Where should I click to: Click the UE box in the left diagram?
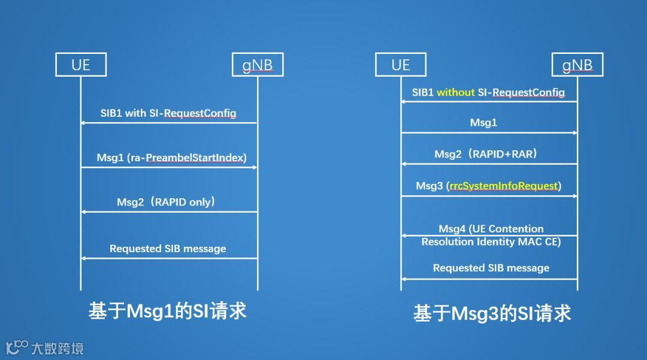(x=81, y=65)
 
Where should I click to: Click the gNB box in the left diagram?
(x=258, y=65)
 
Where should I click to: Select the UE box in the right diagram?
(x=400, y=65)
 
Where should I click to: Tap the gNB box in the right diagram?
(x=578, y=65)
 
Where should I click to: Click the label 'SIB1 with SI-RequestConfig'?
(x=168, y=113)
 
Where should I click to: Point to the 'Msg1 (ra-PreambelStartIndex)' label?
(x=171, y=158)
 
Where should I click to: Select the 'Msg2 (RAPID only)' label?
(x=166, y=202)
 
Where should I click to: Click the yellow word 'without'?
(x=455, y=92)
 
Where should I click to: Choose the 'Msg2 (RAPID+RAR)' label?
(x=485, y=154)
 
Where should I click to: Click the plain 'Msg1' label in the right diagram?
(x=483, y=123)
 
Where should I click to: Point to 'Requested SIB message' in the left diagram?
(x=168, y=249)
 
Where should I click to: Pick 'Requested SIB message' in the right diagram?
(x=491, y=268)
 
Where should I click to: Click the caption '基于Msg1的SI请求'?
(x=168, y=311)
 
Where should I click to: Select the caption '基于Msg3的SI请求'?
(x=492, y=313)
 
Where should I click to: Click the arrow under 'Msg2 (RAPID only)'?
(x=169, y=211)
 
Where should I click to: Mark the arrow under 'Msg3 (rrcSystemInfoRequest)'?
(x=489, y=196)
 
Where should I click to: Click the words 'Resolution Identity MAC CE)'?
(x=491, y=242)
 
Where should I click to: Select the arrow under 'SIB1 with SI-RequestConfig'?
(x=169, y=123)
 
